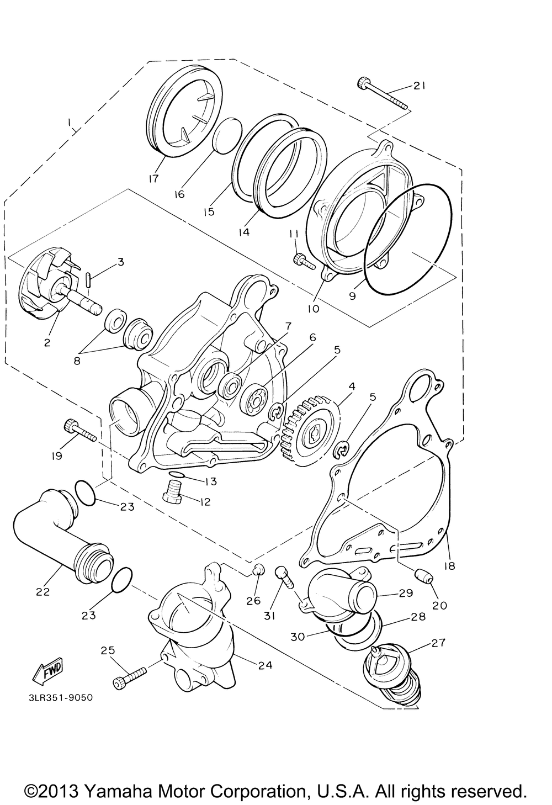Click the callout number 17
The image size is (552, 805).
[153, 178]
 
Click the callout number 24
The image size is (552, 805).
[266, 665]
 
